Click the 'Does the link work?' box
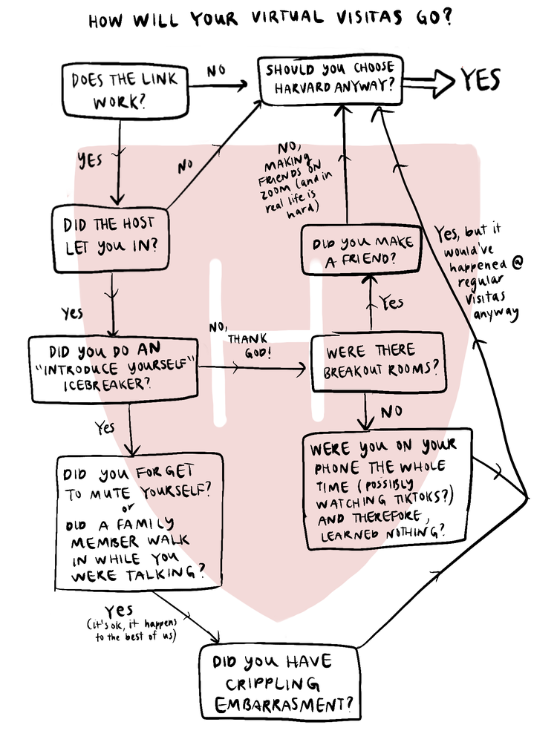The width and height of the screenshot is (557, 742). pos(124,91)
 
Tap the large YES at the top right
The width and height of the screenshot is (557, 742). pos(480,79)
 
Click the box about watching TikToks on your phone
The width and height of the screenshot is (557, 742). pos(388,488)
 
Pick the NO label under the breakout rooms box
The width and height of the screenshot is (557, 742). pos(393,411)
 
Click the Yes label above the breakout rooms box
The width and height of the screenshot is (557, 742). pos(391,302)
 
